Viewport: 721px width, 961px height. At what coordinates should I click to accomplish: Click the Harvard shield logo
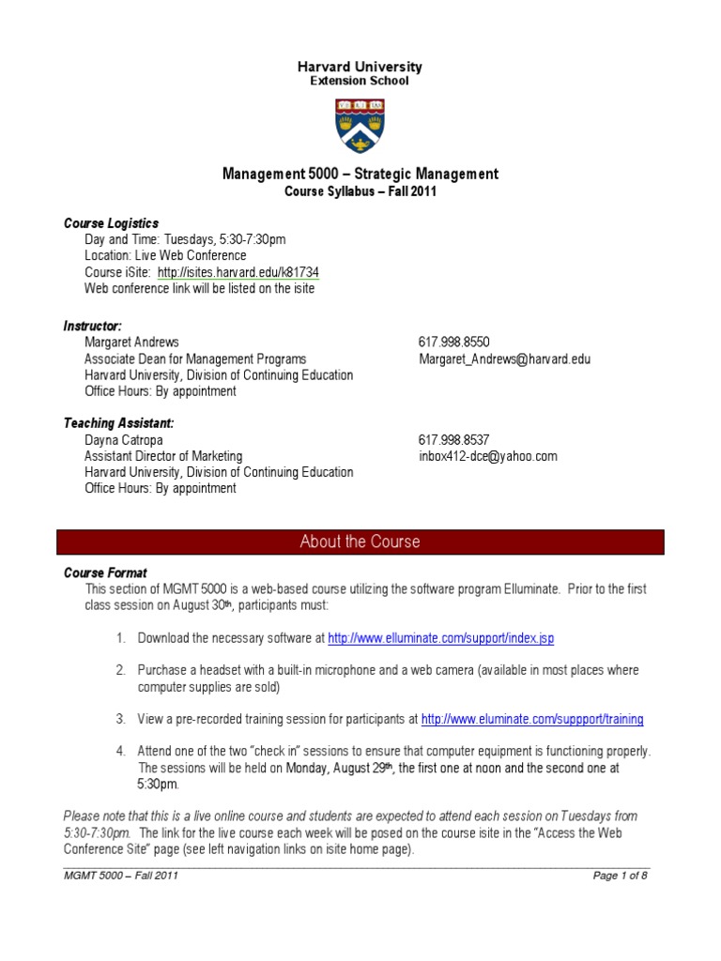pos(360,127)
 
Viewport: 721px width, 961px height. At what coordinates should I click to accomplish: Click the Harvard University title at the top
pos(360,67)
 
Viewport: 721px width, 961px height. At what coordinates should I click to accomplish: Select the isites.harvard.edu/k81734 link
pos(238,272)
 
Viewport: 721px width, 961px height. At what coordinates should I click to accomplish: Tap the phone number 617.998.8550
pos(453,342)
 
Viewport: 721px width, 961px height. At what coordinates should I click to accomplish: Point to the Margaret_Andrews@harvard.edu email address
pos(504,358)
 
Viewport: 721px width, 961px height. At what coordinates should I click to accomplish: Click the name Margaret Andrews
pos(131,342)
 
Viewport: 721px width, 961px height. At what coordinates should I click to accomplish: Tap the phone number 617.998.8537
pos(453,439)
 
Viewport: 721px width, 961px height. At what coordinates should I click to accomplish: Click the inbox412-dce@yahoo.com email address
pos(487,456)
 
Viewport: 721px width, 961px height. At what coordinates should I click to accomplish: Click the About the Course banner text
pos(360,542)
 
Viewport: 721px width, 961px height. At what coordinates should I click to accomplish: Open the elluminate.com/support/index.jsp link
pos(440,638)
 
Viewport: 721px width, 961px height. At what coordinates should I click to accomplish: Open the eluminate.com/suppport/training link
pos(532,719)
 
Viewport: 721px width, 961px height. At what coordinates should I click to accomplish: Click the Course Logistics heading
pos(111,223)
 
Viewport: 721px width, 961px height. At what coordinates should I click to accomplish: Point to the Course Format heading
pos(105,572)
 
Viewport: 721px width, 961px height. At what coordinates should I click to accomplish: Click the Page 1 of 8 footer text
pos(621,876)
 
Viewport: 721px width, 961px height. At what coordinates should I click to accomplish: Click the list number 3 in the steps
pos(120,719)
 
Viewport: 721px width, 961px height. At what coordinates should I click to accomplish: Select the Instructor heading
pos(92,326)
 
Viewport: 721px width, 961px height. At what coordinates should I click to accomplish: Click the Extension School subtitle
pos(360,81)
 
